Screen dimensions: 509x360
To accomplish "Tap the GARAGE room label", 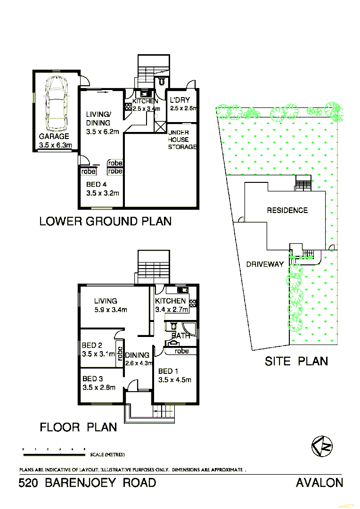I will (x=54, y=137).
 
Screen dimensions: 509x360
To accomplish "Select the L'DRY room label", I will (x=180, y=100).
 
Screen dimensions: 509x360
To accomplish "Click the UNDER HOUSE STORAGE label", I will (x=182, y=140).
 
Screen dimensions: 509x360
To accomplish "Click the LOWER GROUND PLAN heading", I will (x=105, y=221).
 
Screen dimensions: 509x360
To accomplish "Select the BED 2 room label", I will (x=92, y=345).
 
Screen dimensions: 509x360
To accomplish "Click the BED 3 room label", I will (x=92, y=379).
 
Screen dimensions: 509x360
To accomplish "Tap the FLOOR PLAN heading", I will (x=78, y=427).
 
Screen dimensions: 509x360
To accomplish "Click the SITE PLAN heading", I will (x=296, y=361).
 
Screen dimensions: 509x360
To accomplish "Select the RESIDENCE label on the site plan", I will (x=287, y=210).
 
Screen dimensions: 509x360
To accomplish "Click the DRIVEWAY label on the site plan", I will (x=265, y=264).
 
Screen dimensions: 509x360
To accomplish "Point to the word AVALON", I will (x=319, y=483).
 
